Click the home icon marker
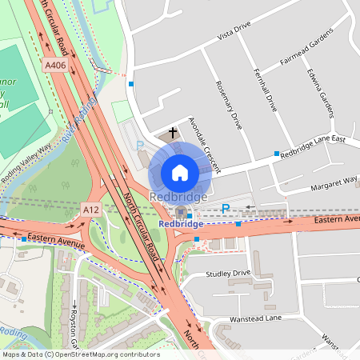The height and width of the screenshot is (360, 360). tap(180, 172)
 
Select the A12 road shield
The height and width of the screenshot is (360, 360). tap(90, 209)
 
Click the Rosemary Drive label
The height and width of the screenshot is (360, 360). tap(229, 105)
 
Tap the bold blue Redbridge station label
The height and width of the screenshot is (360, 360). tap(181, 225)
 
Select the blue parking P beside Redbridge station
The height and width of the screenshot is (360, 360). tap(226, 209)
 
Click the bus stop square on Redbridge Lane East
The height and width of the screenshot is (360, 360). tap(277, 153)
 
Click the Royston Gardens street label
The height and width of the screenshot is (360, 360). tap(73, 328)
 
